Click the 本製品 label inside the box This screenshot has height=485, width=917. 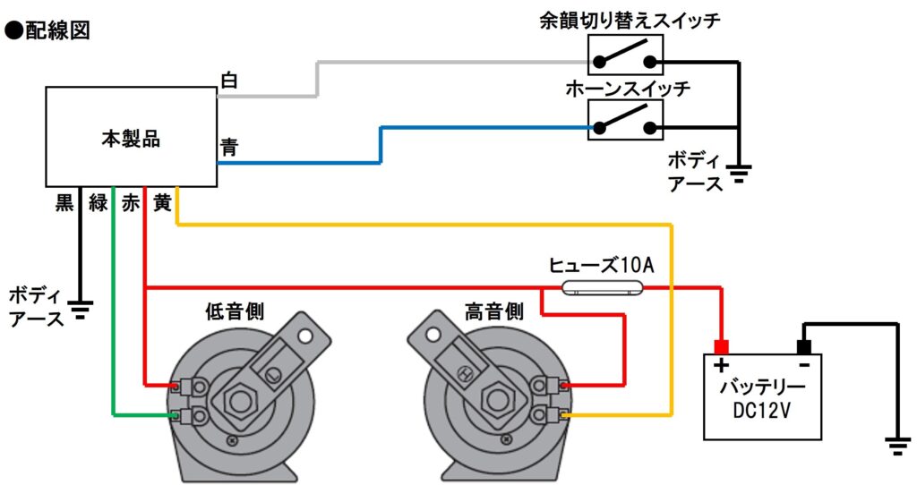coord(131,139)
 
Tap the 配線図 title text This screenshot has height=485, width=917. coord(57,30)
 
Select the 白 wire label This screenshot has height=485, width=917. coord(228,80)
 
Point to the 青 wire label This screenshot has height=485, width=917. coord(229,146)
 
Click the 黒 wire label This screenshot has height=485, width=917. coord(64,202)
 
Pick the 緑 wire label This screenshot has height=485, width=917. coord(99,202)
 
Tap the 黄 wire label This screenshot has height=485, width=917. coord(162,202)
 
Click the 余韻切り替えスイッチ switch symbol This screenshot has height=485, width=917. coord(625,55)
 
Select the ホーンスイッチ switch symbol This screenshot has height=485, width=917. coord(625,120)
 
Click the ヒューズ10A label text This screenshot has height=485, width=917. coord(601,266)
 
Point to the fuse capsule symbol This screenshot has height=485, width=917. coord(602,287)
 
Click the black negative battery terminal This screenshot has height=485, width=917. coord(804,348)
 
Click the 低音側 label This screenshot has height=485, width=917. coord(235,311)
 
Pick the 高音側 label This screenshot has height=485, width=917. coord(494,311)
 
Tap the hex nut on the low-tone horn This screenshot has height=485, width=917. coord(239,402)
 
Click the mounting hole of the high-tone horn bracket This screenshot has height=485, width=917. coord(433,335)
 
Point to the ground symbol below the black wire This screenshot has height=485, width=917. coord(80,310)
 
